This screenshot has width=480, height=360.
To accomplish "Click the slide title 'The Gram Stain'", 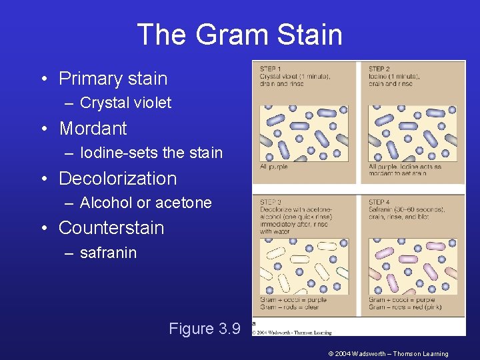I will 239,35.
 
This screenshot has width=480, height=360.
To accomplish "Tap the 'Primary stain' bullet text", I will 113,79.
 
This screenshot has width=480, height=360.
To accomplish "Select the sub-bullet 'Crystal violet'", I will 125,103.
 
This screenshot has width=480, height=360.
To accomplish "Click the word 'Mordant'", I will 93,128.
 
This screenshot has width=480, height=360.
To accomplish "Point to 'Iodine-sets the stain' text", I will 151,153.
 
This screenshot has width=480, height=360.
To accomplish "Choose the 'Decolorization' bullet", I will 117,179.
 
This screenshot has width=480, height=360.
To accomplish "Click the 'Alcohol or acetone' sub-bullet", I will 145,203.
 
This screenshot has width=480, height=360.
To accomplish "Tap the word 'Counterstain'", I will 111,228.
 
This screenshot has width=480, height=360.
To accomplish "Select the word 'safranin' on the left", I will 108,253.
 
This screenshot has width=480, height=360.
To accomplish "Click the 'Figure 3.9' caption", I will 204,329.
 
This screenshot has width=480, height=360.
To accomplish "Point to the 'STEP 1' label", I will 270,69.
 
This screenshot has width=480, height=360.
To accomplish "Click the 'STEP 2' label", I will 379,69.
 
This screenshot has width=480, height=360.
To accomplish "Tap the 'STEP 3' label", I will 270,201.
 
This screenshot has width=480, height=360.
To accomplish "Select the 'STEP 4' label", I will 379,201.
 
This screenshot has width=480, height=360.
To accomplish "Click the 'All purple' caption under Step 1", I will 273,167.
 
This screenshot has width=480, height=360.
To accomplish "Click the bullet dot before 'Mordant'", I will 43,129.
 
